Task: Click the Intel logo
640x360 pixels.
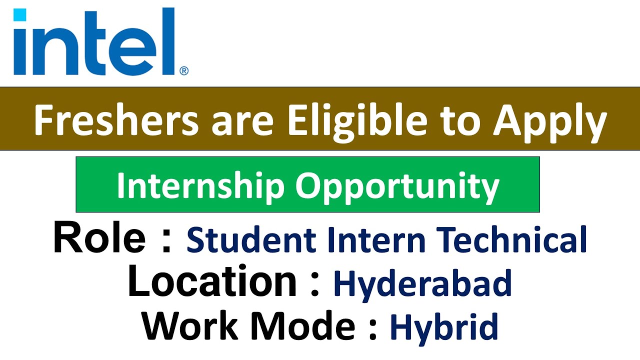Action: (95, 42)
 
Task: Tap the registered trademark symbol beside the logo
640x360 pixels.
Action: (183, 71)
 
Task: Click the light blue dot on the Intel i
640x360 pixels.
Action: (19, 15)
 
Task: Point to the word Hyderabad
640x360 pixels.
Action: (422, 284)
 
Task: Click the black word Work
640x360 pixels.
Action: (190, 325)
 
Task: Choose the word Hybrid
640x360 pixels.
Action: (444, 328)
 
